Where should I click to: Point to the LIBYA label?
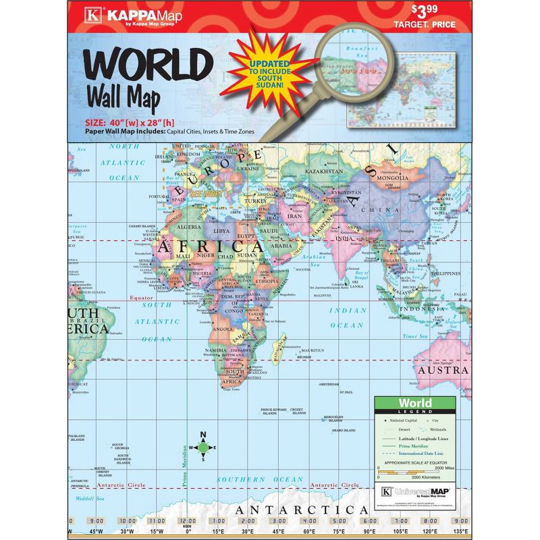pos(222,231)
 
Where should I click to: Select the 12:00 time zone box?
pos(187,521)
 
